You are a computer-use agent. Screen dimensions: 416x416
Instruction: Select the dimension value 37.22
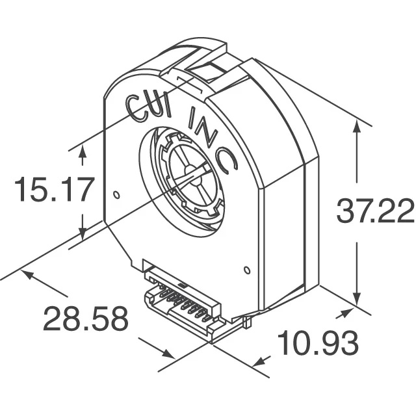[374, 212]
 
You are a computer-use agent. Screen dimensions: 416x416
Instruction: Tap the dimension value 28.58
[85, 320]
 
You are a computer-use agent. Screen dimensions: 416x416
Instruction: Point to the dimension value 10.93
[318, 342]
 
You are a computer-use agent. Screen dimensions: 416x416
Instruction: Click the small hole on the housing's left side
[116, 194]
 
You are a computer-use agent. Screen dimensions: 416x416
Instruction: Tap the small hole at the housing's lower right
[247, 270]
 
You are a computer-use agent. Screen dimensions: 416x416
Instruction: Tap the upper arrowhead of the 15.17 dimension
[83, 150]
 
